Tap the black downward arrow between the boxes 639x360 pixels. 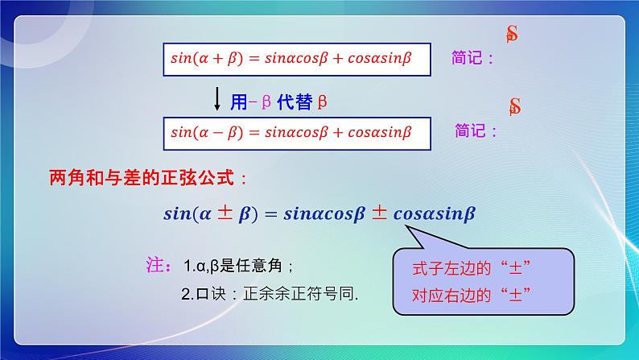(217, 98)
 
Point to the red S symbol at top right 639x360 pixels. (512, 34)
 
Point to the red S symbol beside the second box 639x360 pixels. (515, 106)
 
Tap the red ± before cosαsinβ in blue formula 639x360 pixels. (379, 214)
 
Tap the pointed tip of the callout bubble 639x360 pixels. (406, 226)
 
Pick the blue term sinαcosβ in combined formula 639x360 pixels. (323, 215)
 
